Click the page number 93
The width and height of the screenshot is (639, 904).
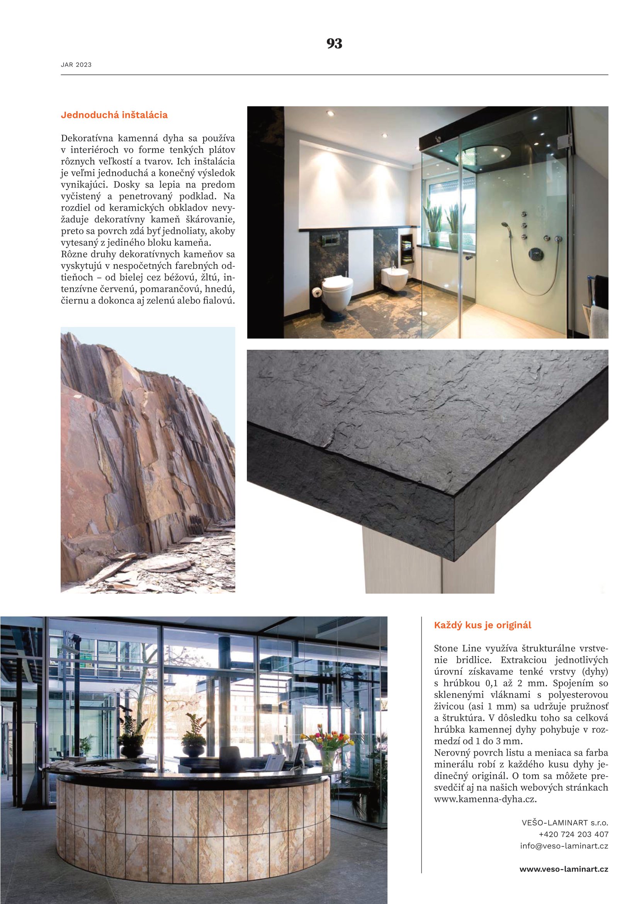coord(334,44)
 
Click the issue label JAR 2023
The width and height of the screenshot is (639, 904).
coord(76,65)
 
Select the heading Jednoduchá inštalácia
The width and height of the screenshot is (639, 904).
coord(114,115)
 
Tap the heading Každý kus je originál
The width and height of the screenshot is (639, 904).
coord(483,625)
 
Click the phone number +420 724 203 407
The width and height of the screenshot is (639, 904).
coord(573,834)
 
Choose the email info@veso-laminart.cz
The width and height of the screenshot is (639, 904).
coord(564,846)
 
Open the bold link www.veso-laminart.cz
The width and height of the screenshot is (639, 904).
coord(563,869)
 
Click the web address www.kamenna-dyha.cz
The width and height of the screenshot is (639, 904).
coord(485,799)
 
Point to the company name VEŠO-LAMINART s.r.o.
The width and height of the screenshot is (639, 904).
coord(565,822)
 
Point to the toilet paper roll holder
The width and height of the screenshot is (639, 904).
coord(316,292)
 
